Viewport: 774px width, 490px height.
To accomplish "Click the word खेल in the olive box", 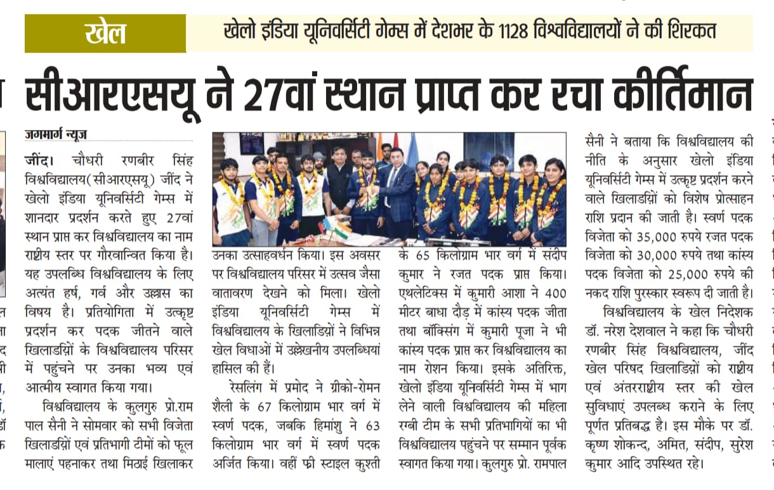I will [x=105, y=33].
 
